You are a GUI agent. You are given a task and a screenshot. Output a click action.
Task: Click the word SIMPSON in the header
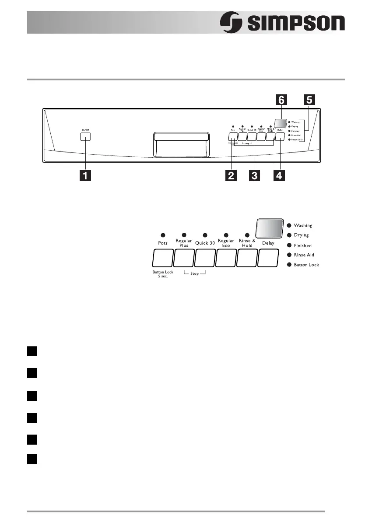[x=296, y=23]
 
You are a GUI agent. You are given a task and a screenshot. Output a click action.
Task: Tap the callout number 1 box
[x=85, y=176]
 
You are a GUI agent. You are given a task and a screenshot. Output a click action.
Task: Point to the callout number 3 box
[x=254, y=176]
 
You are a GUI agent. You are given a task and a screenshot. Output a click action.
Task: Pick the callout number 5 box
[x=309, y=100]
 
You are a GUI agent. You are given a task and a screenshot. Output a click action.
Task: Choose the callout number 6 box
[x=281, y=100]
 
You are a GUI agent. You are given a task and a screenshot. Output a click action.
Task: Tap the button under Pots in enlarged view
[x=162, y=258]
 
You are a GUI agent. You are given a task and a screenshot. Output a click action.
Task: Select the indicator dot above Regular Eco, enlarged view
[x=226, y=235]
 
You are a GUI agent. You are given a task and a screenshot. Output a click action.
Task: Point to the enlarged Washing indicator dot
[x=289, y=225]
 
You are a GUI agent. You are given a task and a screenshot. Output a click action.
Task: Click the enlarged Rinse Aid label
[x=304, y=255]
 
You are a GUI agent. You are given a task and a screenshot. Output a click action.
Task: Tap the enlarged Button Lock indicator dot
[x=289, y=265]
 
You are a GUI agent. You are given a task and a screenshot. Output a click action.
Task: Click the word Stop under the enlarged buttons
[x=194, y=274]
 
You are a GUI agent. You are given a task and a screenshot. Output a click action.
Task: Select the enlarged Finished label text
[x=303, y=245]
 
